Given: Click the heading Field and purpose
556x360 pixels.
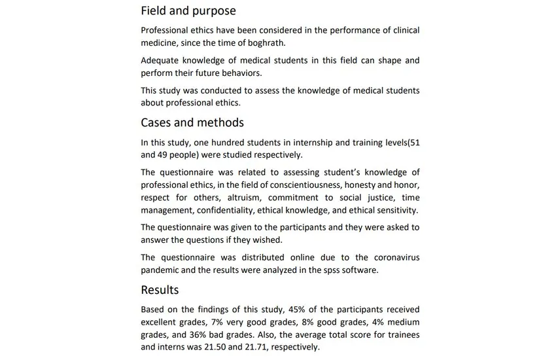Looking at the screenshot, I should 188,11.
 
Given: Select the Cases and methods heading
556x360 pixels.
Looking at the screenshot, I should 192,122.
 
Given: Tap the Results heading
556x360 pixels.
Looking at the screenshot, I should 160,289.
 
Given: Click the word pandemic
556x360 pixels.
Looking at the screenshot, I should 163,270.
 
